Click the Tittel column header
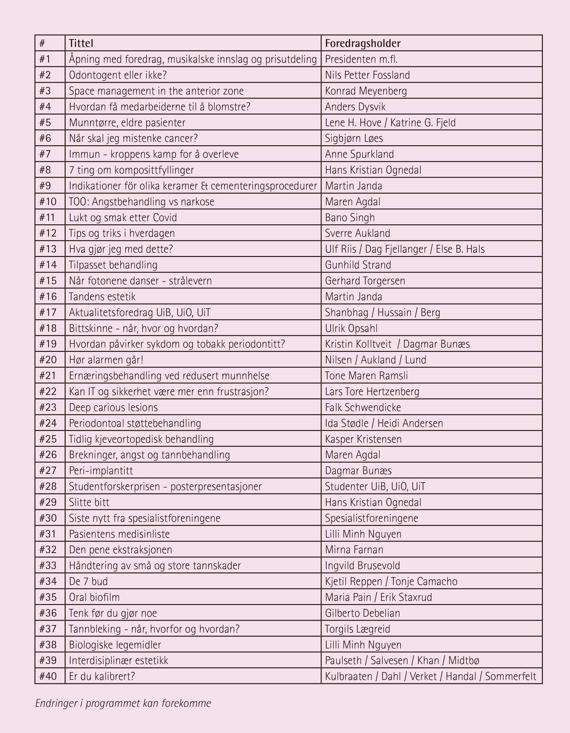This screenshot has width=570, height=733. coord(81,43)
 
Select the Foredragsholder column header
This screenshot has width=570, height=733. coord(362,43)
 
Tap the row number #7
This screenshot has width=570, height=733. coord(45,154)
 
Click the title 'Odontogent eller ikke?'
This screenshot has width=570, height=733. coord(118,75)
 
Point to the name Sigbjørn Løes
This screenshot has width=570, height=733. coord(354,138)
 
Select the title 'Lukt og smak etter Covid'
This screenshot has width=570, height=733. coord(123,218)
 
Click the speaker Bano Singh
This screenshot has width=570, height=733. coord(350,218)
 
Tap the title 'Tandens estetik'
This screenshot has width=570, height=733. coord(102,297)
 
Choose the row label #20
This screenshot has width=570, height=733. coord(48,360)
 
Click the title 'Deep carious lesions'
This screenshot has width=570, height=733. coord(113,407)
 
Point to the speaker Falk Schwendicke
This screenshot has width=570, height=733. coord(363,407)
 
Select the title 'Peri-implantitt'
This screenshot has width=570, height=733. coord(101,471)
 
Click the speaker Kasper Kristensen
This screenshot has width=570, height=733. coord(363,439)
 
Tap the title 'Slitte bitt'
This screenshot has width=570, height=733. coord(89,502)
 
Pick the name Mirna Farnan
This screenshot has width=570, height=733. coord(354,550)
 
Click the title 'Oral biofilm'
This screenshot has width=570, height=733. coord(94,597)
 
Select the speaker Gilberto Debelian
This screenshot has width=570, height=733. coord(362,613)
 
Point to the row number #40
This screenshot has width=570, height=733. coord(48,676)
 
